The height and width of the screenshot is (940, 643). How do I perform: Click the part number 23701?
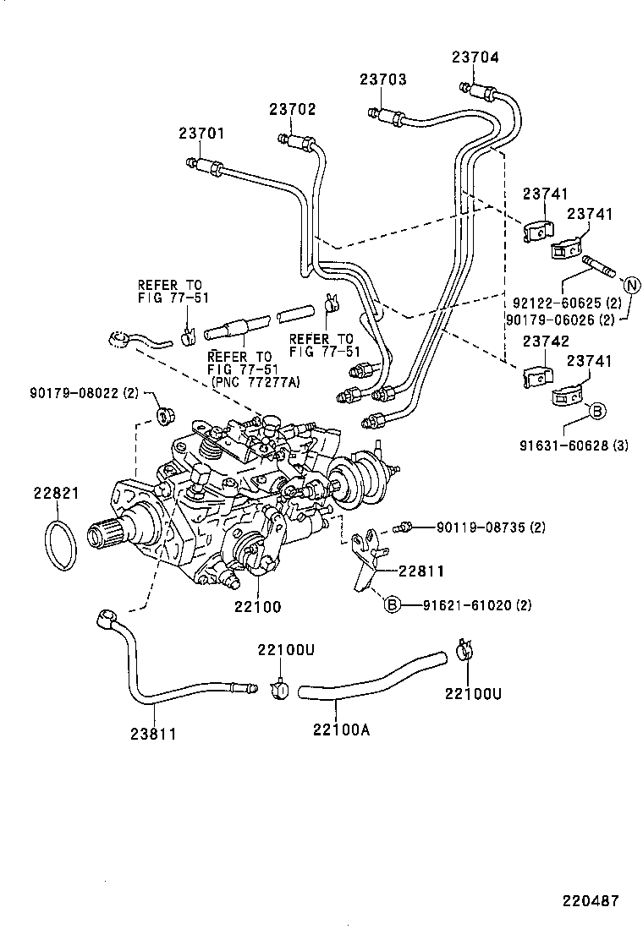coord(201,134)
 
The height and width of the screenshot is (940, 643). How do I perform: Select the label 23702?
coord(293,109)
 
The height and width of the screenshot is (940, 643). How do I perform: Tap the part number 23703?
coord(382,80)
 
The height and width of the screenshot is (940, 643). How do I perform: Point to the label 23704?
coord(475,57)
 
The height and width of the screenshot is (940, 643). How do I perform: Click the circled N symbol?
coord(632,283)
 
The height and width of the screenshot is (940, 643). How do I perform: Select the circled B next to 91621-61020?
coord(391,604)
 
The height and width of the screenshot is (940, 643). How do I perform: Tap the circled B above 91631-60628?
coord(596,411)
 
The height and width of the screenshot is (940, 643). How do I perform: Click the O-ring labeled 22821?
coord(61,547)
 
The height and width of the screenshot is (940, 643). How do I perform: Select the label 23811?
coord(153,734)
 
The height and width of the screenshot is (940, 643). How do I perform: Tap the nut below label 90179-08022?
coord(163,414)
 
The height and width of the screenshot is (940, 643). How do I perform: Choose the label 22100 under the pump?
coord(258,607)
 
